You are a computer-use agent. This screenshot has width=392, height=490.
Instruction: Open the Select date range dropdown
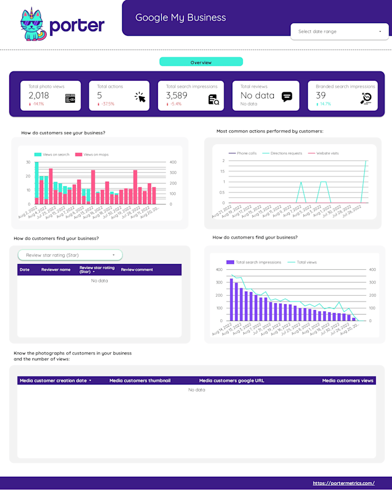[x=340, y=32]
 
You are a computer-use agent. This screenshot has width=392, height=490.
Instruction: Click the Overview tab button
[x=201, y=62]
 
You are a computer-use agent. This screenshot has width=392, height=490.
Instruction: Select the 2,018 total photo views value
[x=39, y=96]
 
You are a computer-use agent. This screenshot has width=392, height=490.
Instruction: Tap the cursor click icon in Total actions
[x=140, y=97]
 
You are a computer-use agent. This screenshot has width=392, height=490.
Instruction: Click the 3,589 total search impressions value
[x=176, y=96]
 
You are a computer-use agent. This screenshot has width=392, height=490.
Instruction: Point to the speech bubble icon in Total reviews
[x=287, y=97]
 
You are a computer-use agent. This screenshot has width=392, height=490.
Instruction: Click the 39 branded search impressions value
[x=321, y=96]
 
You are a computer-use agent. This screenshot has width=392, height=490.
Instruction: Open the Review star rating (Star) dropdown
[x=70, y=255]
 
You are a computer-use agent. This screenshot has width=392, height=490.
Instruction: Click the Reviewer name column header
[x=56, y=269]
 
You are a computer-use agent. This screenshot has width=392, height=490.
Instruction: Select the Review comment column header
[x=137, y=269]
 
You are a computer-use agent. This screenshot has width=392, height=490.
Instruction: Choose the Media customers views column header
[x=348, y=380]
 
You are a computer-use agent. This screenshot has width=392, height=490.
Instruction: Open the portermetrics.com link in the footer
[x=344, y=483]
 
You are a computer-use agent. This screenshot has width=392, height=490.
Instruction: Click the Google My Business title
[x=180, y=17]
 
